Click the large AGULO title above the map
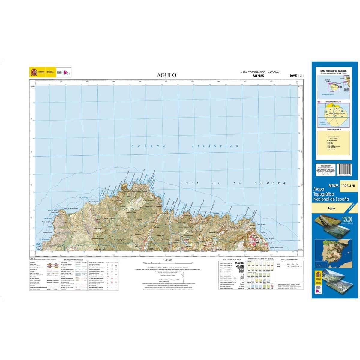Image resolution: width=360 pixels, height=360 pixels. (166, 76)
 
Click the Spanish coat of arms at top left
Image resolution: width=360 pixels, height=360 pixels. (34, 72)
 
